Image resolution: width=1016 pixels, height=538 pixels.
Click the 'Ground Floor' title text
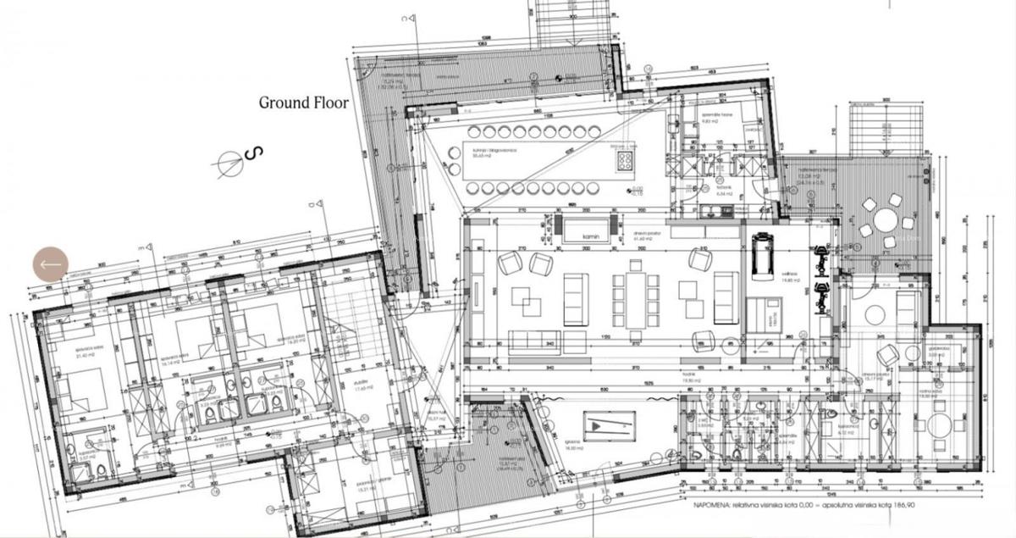tap(304, 103)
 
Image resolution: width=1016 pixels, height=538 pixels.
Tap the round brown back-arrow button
tap(50, 264)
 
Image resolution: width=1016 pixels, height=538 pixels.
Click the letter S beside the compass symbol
tap(255, 153)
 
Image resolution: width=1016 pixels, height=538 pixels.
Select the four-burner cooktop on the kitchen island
tap(626, 159)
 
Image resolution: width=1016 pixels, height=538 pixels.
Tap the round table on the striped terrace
tap(885, 221)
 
